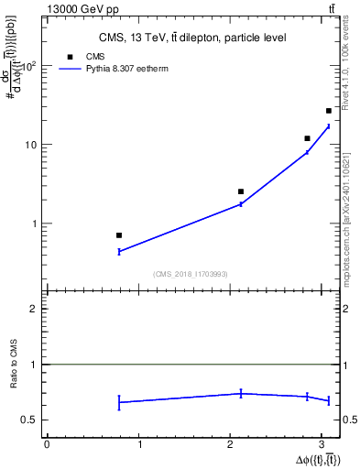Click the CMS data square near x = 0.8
click(x=119, y=235)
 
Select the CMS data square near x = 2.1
click(x=241, y=191)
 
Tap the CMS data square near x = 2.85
click(x=307, y=138)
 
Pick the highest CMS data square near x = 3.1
click(x=329, y=111)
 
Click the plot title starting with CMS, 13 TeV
click(x=192, y=38)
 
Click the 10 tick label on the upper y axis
click(x=30, y=145)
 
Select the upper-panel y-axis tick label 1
click(x=33, y=224)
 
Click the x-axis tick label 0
click(x=47, y=444)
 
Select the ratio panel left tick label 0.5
click(x=29, y=420)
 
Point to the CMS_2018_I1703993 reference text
click(x=192, y=274)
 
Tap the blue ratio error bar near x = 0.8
click(x=119, y=402)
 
